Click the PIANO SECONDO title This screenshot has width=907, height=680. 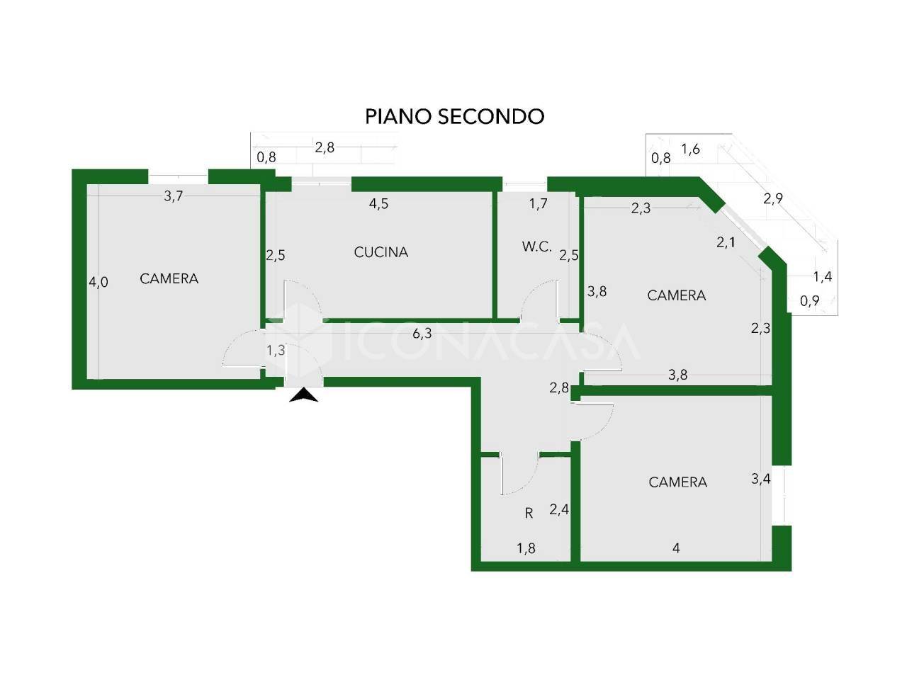pyautogui.click(x=454, y=116)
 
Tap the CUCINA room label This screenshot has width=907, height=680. pyautogui.click(x=381, y=252)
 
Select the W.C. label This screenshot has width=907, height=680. pyautogui.click(x=537, y=246)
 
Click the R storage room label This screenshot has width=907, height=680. pyautogui.click(x=529, y=514)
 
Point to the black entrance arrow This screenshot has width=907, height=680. pyautogui.click(x=304, y=395)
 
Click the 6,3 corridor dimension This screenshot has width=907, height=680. pyautogui.click(x=422, y=333)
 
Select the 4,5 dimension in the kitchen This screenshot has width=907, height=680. pyautogui.click(x=378, y=203)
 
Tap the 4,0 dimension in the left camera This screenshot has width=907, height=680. pyautogui.click(x=98, y=282)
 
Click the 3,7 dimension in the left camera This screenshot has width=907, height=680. pyautogui.click(x=173, y=195)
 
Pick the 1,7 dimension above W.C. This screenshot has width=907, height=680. pyautogui.click(x=539, y=203)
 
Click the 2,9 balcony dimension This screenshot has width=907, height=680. pyautogui.click(x=772, y=198)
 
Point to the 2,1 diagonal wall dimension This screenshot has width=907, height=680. pyautogui.click(x=726, y=242)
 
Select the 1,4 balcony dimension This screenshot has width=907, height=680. pyautogui.click(x=822, y=277)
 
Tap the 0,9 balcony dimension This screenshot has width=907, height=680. pyautogui.click(x=809, y=300)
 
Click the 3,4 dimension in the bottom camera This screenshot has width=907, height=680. pyautogui.click(x=761, y=479)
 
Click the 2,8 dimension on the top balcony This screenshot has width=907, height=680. pyautogui.click(x=325, y=147)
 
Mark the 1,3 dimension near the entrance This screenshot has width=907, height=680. pyautogui.click(x=276, y=350)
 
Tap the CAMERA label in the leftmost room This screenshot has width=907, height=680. pyautogui.click(x=169, y=278)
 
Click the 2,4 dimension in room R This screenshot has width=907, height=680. pyautogui.click(x=559, y=509)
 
